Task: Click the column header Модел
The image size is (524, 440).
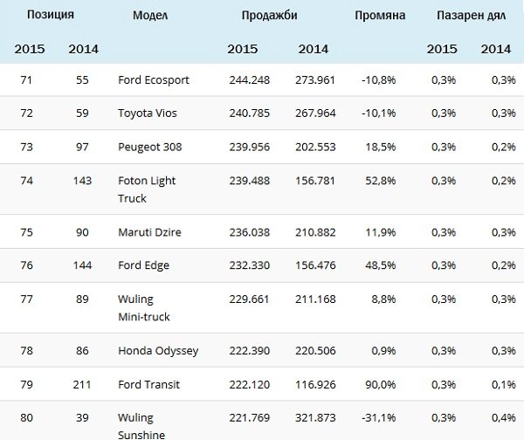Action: (150, 16)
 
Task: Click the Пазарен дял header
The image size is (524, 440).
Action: (472, 16)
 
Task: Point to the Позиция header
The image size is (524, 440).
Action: (51, 16)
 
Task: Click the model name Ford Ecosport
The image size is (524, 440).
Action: (153, 80)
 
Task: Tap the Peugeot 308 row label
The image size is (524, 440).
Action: (149, 147)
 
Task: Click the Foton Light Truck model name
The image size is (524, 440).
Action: (147, 189)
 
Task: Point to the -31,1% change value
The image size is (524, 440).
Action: (378, 417)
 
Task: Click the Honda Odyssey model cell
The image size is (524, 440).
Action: (158, 351)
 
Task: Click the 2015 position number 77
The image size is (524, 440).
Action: (28, 299)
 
